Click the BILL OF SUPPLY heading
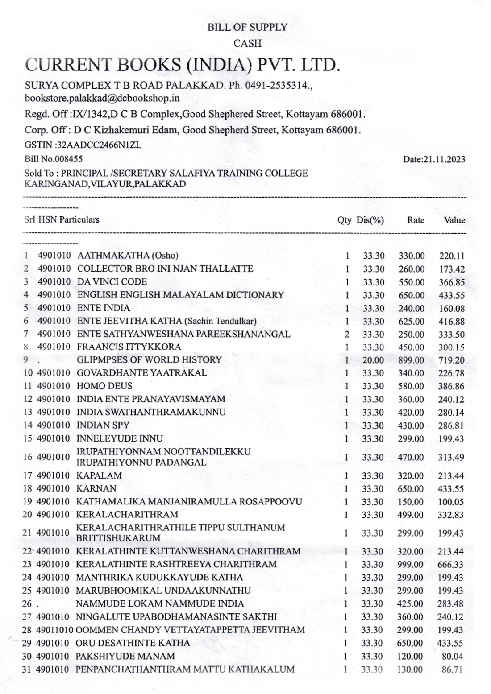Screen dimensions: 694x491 click(247, 27)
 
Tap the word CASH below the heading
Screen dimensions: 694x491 click(247, 44)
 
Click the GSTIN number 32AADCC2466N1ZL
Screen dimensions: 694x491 click(83, 145)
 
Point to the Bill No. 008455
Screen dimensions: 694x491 click(54, 159)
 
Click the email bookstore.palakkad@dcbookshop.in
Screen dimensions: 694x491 click(102, 98)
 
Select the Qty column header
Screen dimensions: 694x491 click(344, 220)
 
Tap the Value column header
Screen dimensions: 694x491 click(454, 220)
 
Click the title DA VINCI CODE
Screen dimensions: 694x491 click(112, 282)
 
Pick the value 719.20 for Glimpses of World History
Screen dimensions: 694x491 click(451, 360)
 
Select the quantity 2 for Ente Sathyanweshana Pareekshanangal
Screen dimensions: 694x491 click(347, 335)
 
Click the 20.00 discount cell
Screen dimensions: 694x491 click(373, 360)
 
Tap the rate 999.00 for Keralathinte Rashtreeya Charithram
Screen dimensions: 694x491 click(410, 565)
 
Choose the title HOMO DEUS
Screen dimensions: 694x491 click(104, 386)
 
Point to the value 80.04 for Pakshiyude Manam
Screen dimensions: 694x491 click(453, 657)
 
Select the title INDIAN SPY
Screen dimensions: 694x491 click(103, 425)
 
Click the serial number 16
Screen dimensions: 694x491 click(28, 457)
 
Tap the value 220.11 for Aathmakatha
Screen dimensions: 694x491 click(452, 256)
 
